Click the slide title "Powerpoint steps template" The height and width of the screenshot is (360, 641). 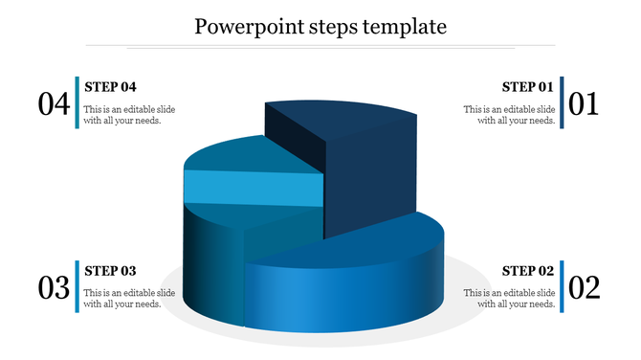320,26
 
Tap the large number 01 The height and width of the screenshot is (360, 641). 583,103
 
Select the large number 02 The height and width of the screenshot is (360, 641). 583,287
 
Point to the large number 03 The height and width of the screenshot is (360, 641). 54,287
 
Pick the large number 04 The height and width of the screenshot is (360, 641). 54,103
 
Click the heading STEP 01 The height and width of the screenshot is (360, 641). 527,86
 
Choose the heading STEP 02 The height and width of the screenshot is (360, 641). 527,270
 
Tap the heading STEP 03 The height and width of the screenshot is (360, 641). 111,270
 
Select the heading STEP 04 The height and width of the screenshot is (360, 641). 111,86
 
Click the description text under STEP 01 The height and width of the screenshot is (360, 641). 509,115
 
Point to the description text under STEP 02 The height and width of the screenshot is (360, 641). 509,298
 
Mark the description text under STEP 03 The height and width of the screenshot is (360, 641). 129,298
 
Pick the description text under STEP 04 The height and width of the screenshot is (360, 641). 129,115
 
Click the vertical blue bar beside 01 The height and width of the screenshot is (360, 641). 563,101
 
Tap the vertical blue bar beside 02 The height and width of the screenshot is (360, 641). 563,285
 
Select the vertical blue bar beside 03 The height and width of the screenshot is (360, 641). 76,285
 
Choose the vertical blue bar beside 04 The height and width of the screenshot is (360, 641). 76,101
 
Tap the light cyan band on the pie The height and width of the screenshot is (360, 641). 253,188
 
